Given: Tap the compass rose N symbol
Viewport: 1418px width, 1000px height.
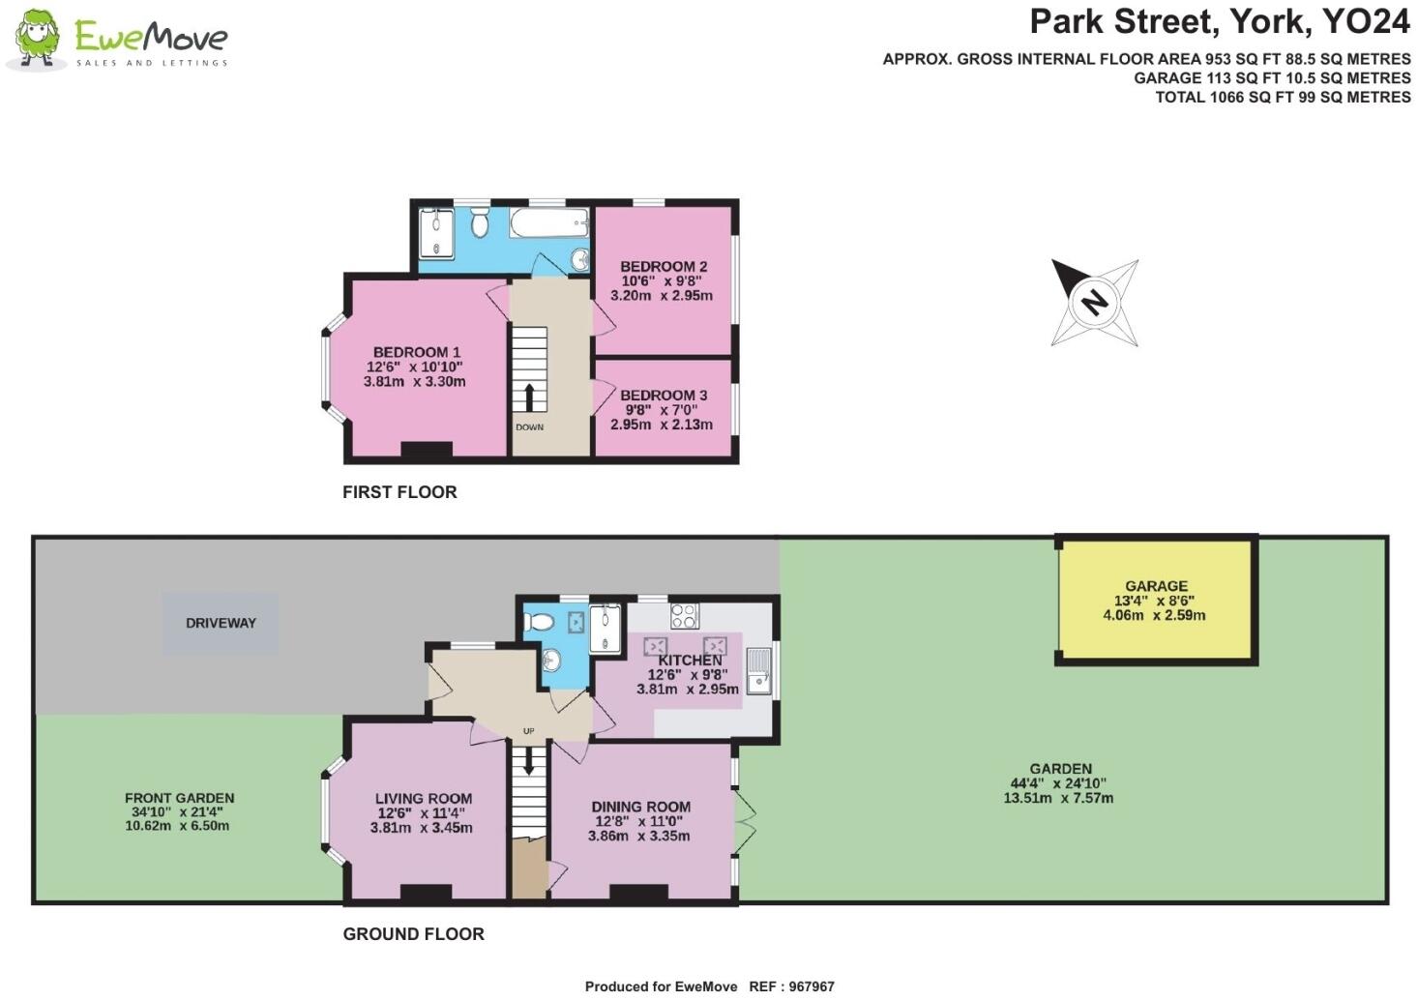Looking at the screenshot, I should [1094, 302].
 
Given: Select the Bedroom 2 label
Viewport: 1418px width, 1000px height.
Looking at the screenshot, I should [664, 267].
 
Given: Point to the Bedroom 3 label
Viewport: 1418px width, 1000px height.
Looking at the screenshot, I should [664, 396].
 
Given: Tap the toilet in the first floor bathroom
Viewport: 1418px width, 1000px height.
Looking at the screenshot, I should [478, 224].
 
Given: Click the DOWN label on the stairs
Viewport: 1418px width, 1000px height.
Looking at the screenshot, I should [529, 427].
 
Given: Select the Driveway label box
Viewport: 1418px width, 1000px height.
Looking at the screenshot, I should [221, 623].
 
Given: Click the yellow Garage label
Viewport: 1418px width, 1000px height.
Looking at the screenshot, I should [1156, 586].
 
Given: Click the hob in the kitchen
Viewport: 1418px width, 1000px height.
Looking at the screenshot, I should [684, 616].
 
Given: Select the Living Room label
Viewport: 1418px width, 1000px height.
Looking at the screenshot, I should [423, 799].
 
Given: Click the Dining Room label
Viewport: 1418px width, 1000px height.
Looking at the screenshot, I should [640, 807].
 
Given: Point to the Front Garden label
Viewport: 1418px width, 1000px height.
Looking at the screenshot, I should [179, 799].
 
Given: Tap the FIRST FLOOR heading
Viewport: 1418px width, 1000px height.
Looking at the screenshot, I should [399, 492].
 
